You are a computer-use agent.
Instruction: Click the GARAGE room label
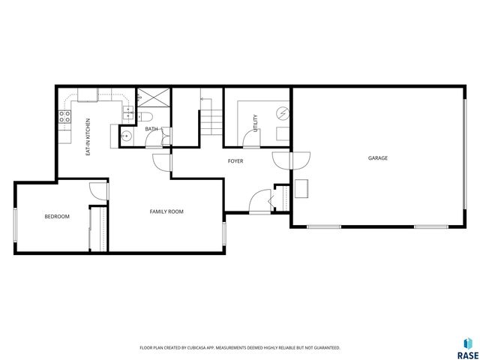tap(377, 158)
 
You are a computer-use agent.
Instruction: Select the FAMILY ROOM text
tap(166, 212)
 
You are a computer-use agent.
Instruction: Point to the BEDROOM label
tap(56, 217)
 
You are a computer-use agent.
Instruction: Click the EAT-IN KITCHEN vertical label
tap(88, 136)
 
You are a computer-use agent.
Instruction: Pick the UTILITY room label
tap(256, 122)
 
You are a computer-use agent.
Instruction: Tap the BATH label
tap(151, 129)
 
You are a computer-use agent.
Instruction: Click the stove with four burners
tap(64, 116)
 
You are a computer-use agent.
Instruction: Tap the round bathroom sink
tap(127, 136)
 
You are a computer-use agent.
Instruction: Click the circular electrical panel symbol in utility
tap(282, 114)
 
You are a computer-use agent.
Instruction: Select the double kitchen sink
tap(128, 113)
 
